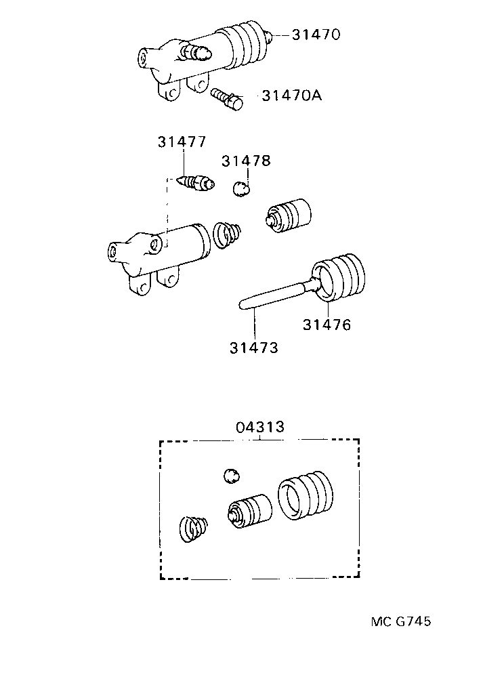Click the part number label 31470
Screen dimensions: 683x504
pyautogui.click(x=316, y=34)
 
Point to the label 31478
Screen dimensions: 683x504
pyautogui.click(x=247, y=161)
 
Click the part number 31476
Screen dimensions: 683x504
pyautogui.click(x=327, y=325)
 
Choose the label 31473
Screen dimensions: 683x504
pyautogui.click(x=254, y=348)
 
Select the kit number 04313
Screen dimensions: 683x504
pyautogui.click(x=260, y=428)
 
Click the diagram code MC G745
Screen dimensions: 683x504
pyautogui.click(x=401, y=621)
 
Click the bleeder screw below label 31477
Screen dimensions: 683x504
pyautogui.click(x=195, y=183)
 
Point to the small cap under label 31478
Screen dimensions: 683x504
pyautogui.click(x=241, y=188)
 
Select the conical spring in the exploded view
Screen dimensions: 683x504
pyautogui.click(x=227, y=234)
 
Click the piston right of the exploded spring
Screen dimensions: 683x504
pyautogui.click(x=289, y=214)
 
